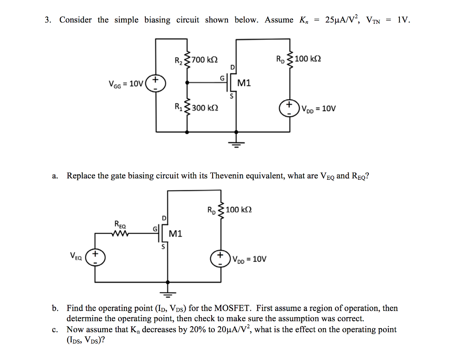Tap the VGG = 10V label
(x=126, y=84)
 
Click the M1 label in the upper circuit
(x=245, y=83)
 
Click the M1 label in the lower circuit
(x=175, y=234)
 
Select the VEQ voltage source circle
(x=96, y=257)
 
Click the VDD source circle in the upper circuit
(x=290, y=109)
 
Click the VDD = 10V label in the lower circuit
(x=249, y=259)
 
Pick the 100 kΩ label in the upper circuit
(x=308, y=59)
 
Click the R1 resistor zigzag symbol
(x=186, y=108)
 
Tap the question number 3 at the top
(x=48, y=20)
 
